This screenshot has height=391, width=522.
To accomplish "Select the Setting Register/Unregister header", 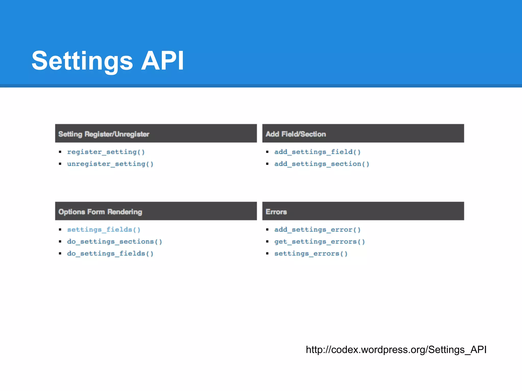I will (x=104, y=134).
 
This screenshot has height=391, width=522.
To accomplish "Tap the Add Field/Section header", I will (x=296, y=134).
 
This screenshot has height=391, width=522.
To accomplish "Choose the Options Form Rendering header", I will (x=100, y=212).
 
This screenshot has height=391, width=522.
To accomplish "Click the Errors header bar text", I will (x=276, y=212).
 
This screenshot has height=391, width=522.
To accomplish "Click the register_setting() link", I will (x=106, y=152).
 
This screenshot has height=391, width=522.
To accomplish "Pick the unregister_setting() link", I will (x=110, y=164).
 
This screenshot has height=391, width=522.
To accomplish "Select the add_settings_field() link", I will (x=317, y=152).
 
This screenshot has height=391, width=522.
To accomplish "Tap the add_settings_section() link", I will (x=322, y=164).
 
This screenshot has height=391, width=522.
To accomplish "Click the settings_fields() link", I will (x=104, y=230).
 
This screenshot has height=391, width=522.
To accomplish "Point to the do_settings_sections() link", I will (x=114, y=242).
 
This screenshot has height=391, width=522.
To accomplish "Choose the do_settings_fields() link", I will (x=110, y=254).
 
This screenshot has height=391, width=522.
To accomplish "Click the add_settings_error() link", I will (x=317, y=230).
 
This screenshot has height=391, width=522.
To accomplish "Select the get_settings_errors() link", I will (x=320, y=242).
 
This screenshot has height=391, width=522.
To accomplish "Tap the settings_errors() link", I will (x=311, y=254).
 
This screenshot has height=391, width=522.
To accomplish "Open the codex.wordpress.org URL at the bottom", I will (x=396, y=350).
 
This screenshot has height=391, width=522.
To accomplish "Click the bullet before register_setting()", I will (x=60, y=152).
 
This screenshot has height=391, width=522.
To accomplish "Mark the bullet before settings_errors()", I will (x=267, y=254).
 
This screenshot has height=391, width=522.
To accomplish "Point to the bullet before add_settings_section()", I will (x=267, y=164).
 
